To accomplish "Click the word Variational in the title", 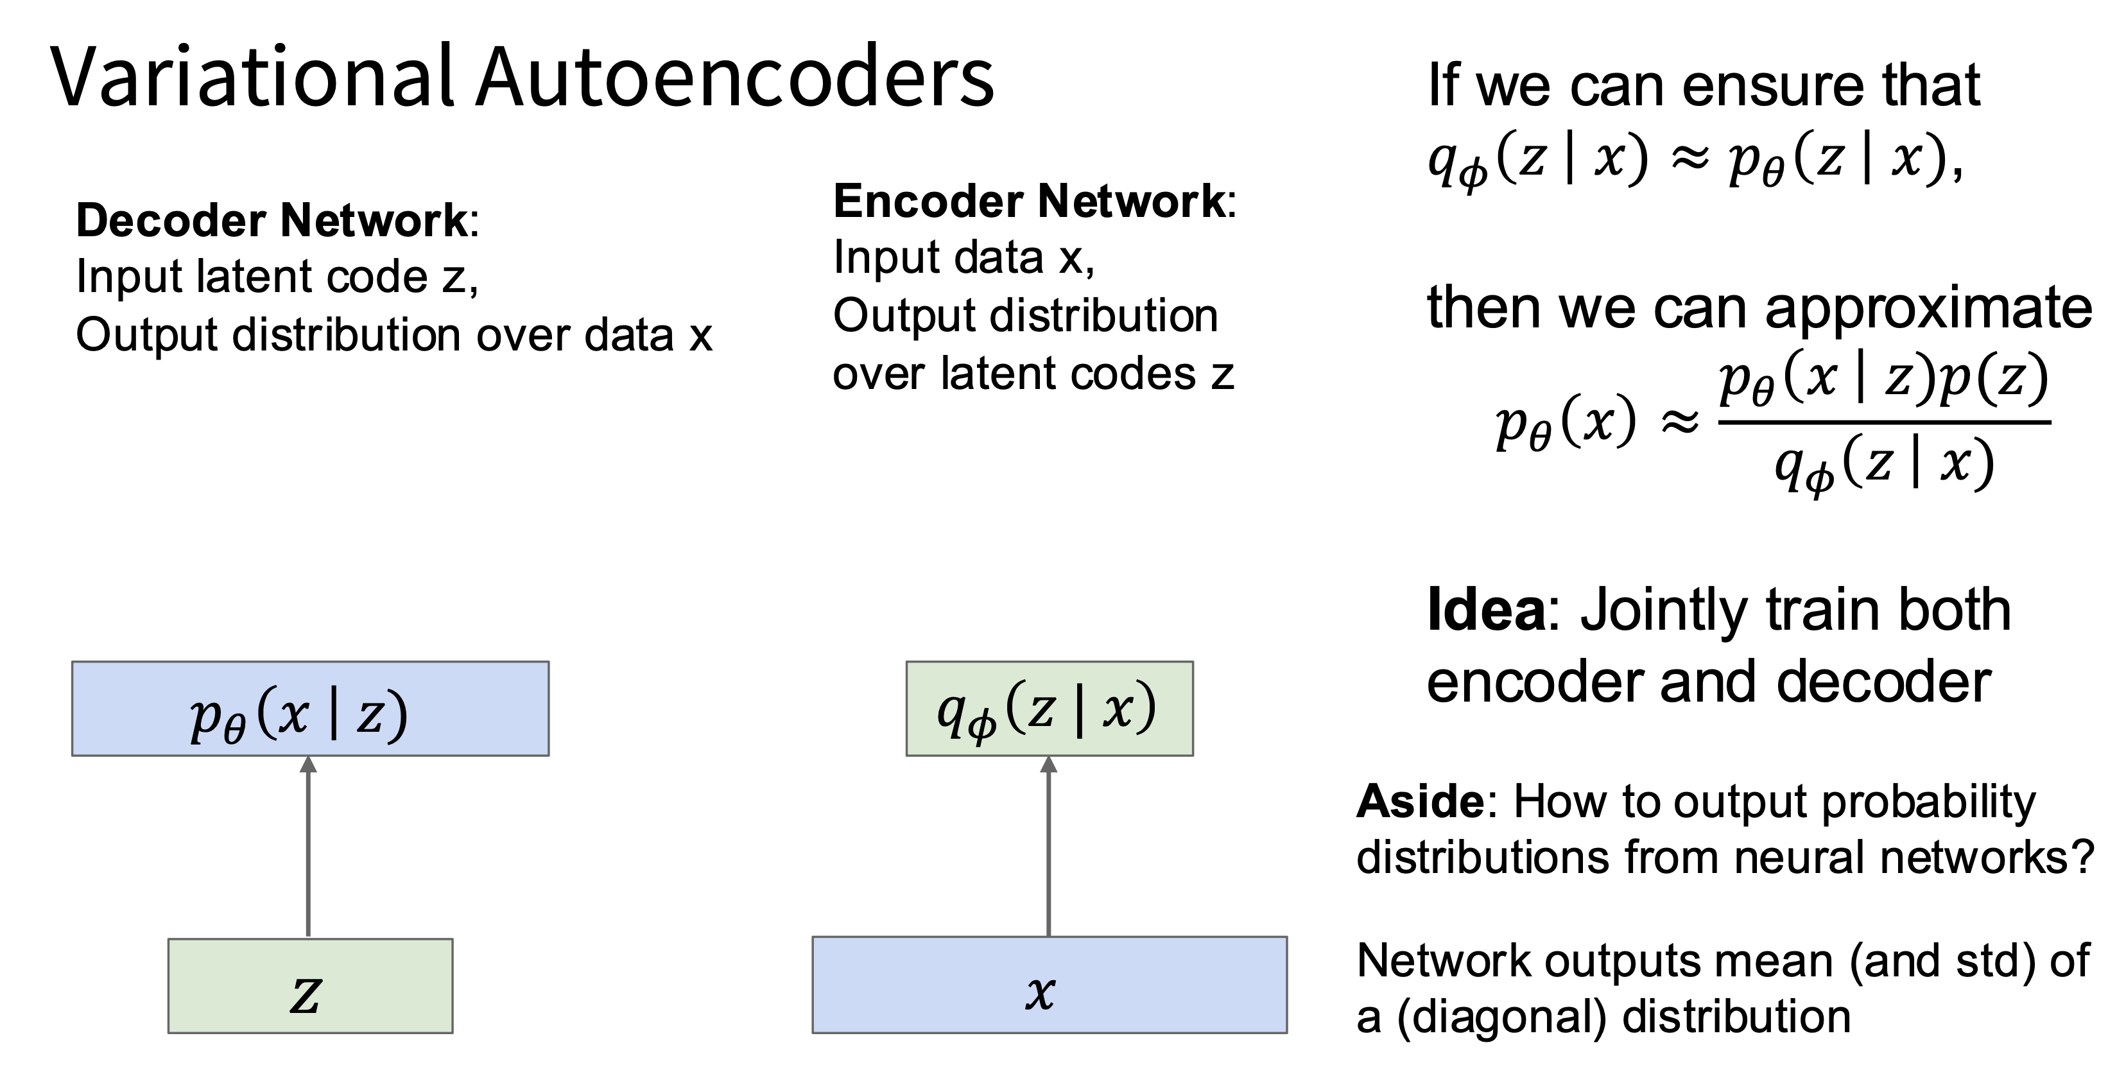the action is (253, 76).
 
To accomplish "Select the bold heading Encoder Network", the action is (1030, 202).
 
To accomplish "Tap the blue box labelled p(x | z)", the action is (310, 709).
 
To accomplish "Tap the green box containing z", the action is (310, 985).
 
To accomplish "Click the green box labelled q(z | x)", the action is (1050, 709).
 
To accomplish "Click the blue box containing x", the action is (1050, 985).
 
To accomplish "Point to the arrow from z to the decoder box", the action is (308, 847).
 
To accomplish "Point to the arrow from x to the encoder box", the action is (1049, 846).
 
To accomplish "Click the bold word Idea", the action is (1486, 610).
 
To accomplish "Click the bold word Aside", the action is (1420, 802).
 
